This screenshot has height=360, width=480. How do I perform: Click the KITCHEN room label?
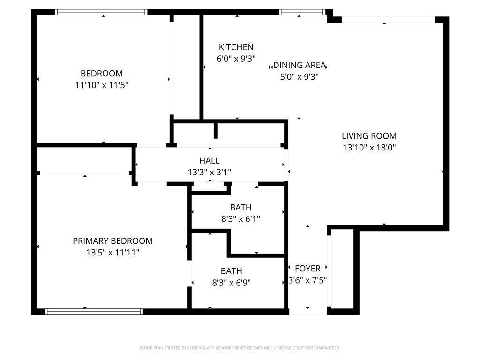(236, 47)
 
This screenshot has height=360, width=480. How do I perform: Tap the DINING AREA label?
(299, 65)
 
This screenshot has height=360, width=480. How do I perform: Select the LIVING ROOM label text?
(369, 136)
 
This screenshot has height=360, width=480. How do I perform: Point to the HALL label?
(210, 160)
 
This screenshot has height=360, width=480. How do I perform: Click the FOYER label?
(307, 269)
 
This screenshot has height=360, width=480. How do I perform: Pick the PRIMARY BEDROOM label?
(112, 241)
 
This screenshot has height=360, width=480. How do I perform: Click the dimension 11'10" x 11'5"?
(102, 85)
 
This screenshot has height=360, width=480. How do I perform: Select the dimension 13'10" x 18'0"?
(369, 148)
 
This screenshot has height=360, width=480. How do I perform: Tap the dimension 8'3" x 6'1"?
(240, 219)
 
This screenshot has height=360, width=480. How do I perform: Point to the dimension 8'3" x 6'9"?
(232, 283)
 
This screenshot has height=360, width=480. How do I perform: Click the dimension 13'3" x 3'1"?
(210, 172)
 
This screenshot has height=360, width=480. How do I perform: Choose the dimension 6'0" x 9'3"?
(236, 59)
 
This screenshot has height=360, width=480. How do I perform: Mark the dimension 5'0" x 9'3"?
(300, 76)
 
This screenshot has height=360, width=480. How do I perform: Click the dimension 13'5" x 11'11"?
(112, 253)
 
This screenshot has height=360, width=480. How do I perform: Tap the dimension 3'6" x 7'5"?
(307, 280)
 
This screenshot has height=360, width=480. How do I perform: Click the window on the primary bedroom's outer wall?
(94, 312)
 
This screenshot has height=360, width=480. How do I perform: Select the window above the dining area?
(302, 12)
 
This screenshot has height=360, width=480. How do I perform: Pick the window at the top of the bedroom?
(101, 12)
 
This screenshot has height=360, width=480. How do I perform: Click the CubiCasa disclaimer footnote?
(240, 348)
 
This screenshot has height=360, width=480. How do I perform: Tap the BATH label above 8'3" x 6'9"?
(232, 271)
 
